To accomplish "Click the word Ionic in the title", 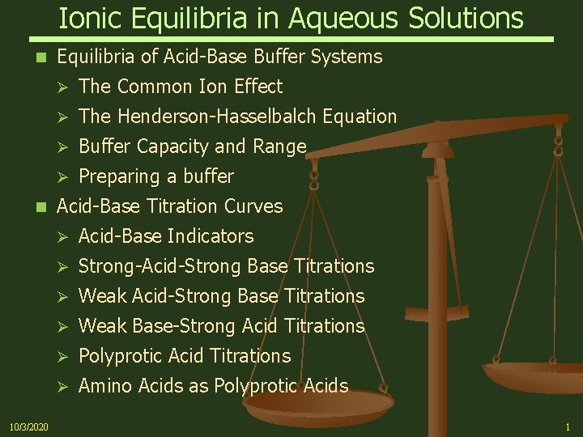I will click(87, 17).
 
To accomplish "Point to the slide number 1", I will click(568, 426).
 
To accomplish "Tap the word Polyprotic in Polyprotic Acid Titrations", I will click(119, 355).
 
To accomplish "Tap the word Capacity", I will click(174, 146).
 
